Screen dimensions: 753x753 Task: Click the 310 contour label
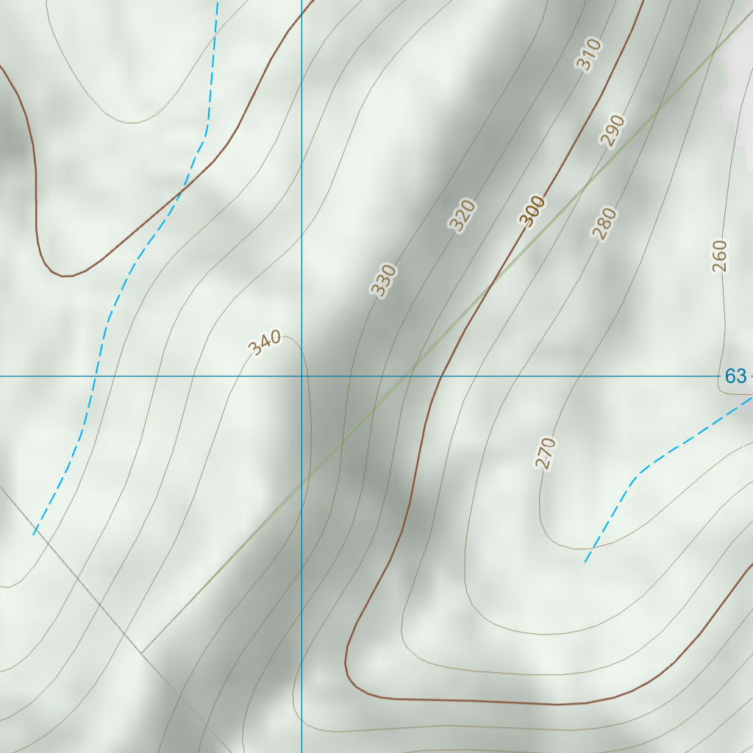[x=588, y=54]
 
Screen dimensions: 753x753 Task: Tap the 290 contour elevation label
[x=612, y=131]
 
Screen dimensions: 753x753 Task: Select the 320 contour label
[x=463, y=215]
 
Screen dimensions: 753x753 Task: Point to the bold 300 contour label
[x=532, y=211]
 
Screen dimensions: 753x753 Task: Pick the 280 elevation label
[x=604, y=224]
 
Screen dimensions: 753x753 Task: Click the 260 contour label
[x=719, y=256]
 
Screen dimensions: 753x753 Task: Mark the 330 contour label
[x=383, y=280]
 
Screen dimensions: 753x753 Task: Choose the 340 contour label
[x=264, y=343]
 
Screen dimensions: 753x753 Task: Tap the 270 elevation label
[x=545, y=453]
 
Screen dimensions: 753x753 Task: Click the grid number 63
[x=735, y=376]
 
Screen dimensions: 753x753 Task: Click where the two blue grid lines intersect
[x=301, y=376]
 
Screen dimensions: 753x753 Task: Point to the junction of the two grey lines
[x=141, y=653]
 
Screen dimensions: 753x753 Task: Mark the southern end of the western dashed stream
[x=34, y=535]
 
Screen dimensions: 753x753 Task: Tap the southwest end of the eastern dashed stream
[x=585, y=563]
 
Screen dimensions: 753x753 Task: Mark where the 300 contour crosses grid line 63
[x=440, y=376]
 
